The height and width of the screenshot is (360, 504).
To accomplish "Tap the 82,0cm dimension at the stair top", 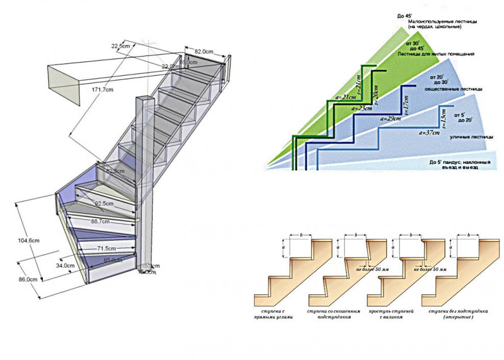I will pyautogui.click(x=204, y=52).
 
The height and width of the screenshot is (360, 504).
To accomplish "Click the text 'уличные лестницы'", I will pyautogui.click(x=471, y=138).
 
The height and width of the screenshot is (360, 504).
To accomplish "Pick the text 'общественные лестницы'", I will pyautogui.click(x=453, y=88).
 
